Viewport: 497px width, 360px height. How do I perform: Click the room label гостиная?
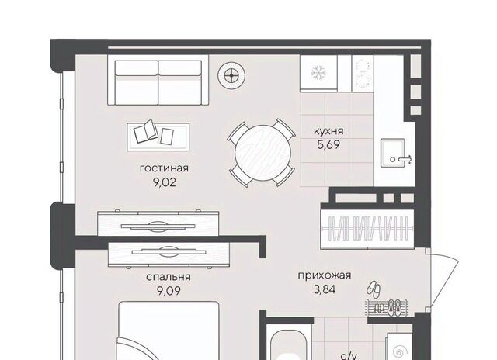[x=164, y=168]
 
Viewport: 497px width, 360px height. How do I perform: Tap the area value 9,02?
[x=164, y=182]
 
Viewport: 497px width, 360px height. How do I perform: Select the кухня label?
[x=328, y=131]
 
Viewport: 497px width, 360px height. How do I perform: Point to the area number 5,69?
[x=328, y=144]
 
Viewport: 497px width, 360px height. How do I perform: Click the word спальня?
[x=169, y=277]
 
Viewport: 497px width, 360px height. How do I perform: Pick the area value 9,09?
[x=169, y=290]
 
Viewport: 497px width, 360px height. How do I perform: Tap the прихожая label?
[x=325, y=275]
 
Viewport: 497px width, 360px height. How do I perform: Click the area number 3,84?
[x=325, y=289]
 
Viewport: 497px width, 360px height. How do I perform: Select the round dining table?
[x=262, y=154]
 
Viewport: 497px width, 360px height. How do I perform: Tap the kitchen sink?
[x=393, y=153]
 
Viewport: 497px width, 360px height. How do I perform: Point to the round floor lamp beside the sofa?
[x=231, y=76]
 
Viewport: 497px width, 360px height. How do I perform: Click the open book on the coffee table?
[x=145, y=130]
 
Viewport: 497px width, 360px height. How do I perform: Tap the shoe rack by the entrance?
[x=387, y=306]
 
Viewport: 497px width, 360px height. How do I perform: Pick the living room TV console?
[x=158, y=224]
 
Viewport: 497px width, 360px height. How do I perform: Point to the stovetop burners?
[x=363, y=73]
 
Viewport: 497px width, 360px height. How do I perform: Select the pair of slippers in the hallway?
[x=374, y=289]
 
